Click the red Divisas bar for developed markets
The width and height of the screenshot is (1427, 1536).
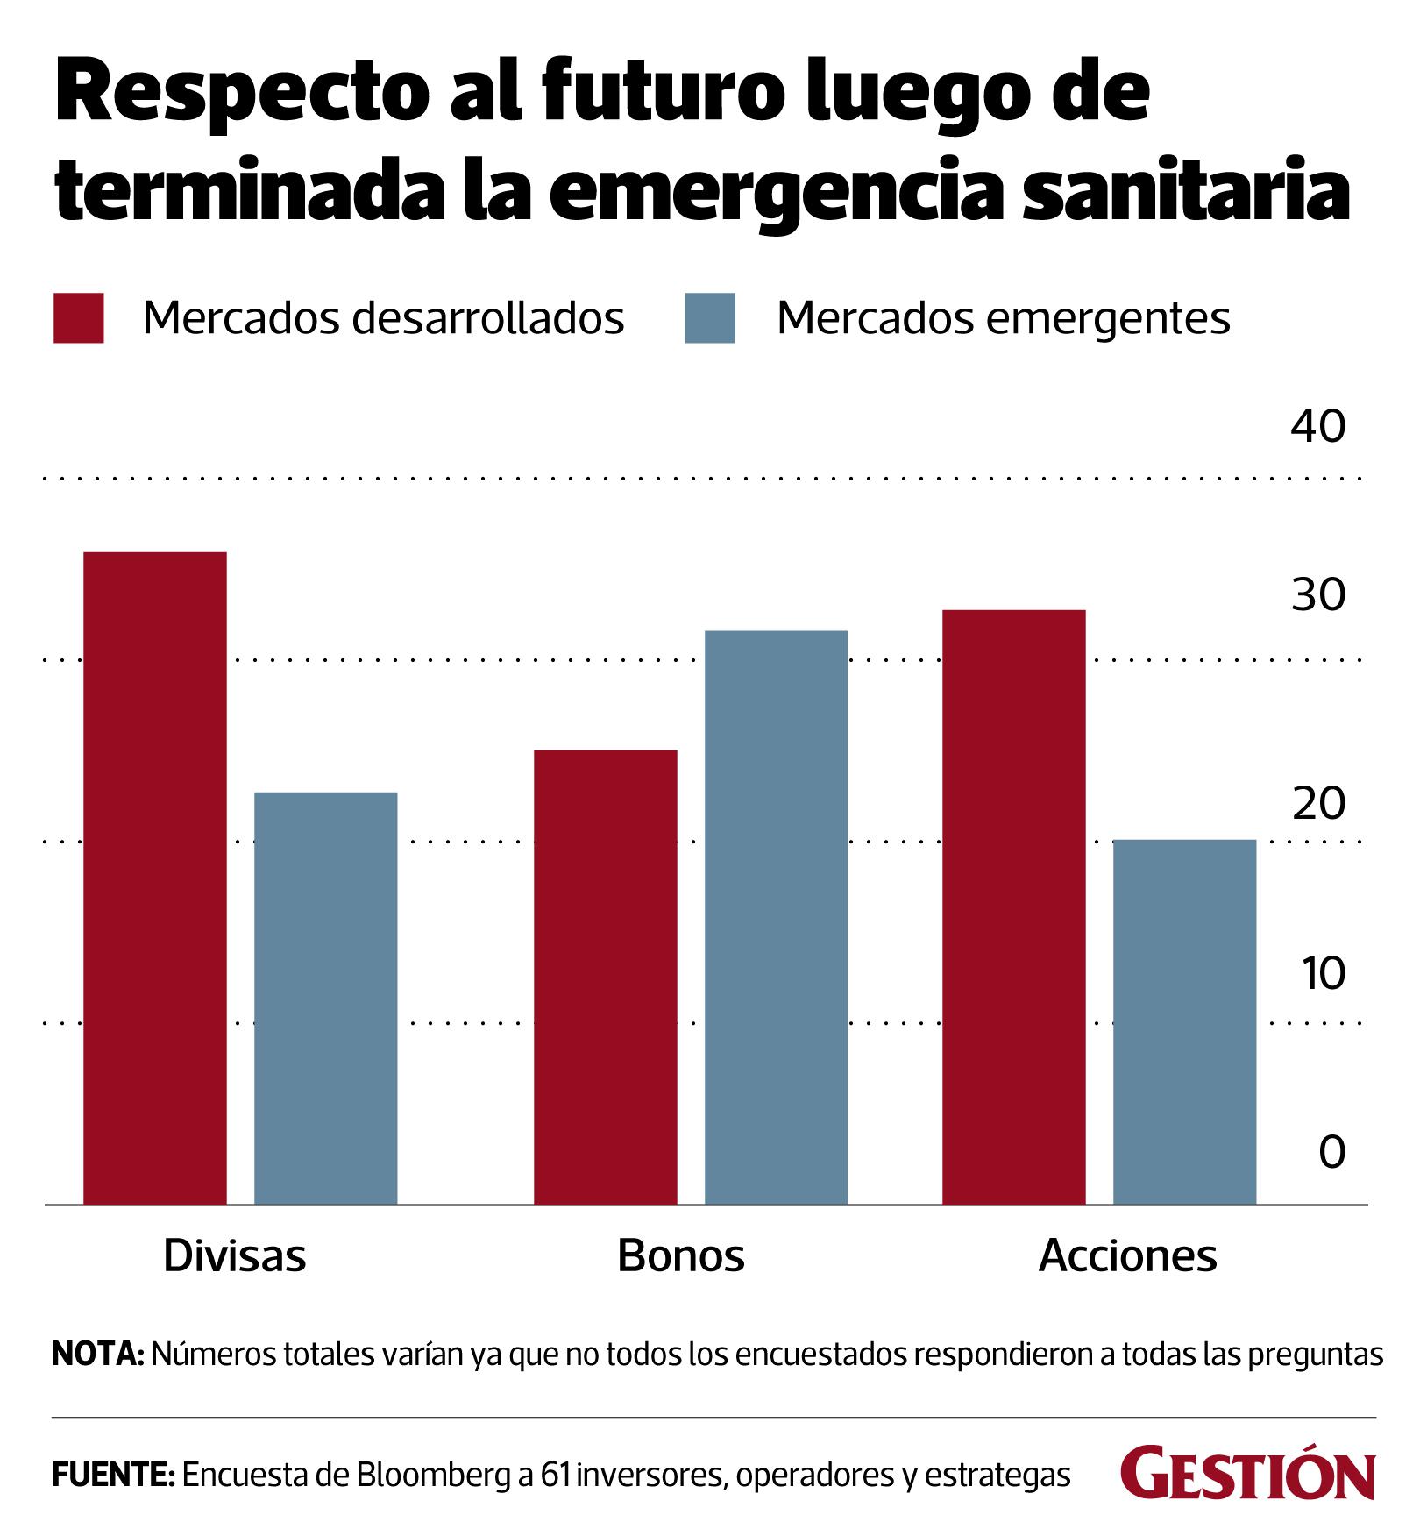point(154,877)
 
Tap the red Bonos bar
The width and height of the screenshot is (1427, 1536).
point(605,977)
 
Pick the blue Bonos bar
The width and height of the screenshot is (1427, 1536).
point(776,917)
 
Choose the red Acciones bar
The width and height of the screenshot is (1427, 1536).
point(1013,907)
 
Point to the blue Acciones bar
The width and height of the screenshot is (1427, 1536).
point(1184,1021)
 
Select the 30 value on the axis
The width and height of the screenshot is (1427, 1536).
point(1317,595)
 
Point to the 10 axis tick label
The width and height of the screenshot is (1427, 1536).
point(1323,973)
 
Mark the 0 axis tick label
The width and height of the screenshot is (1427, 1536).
point(1331,1152)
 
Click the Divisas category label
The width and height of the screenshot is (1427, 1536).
point(235,1256)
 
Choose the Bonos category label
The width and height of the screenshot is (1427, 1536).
point(681,1256)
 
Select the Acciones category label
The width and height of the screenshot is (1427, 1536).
point(1127,1256)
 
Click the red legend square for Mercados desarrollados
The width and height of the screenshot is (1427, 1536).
point(79,317)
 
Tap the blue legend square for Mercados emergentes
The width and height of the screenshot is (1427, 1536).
point(710,317)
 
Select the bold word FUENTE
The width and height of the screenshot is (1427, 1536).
point(114,1476)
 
